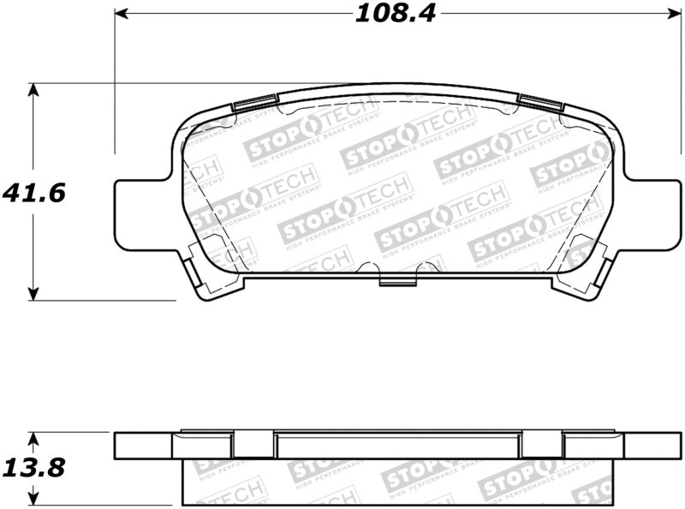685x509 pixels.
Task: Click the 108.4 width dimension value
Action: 395,15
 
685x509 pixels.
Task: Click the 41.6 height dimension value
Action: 33,193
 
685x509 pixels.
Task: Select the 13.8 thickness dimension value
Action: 33,469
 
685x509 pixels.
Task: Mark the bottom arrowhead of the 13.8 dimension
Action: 33,498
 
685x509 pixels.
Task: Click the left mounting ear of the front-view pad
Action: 141,214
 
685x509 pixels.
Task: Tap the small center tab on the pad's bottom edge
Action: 396,280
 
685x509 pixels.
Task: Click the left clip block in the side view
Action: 253,445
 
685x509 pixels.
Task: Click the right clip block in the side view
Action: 541,445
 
